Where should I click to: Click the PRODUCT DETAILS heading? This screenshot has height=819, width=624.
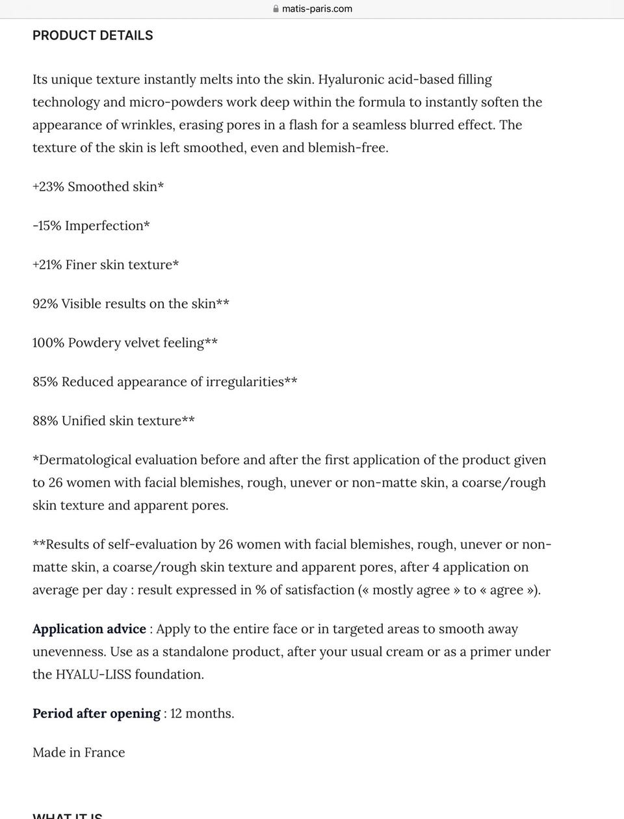[x=93, y=36]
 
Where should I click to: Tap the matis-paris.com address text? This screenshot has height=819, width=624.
[x=317, y=9]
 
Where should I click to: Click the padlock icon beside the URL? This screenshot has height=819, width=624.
[x=276, y=9]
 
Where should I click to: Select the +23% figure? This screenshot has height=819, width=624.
[x=48, y=187]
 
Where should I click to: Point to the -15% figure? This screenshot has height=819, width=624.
[x=47, y=226]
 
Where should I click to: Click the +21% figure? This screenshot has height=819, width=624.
[x=47, y=265]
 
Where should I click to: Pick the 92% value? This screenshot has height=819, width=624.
[x=45, y=304]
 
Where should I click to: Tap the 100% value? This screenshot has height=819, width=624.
[x=48, y=343]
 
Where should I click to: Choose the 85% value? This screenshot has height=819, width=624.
[x=45, y=382]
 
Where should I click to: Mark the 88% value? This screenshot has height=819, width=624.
[x=45, y=421]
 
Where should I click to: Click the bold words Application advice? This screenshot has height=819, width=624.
[x=89, y=629]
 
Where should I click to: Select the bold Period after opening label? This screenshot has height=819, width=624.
[x=96, y=714]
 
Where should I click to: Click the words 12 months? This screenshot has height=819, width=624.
[x=201, y=714]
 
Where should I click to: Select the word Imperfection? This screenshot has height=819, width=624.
[x=107, y=226]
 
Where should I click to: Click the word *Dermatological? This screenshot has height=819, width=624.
[x=82, y=460]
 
